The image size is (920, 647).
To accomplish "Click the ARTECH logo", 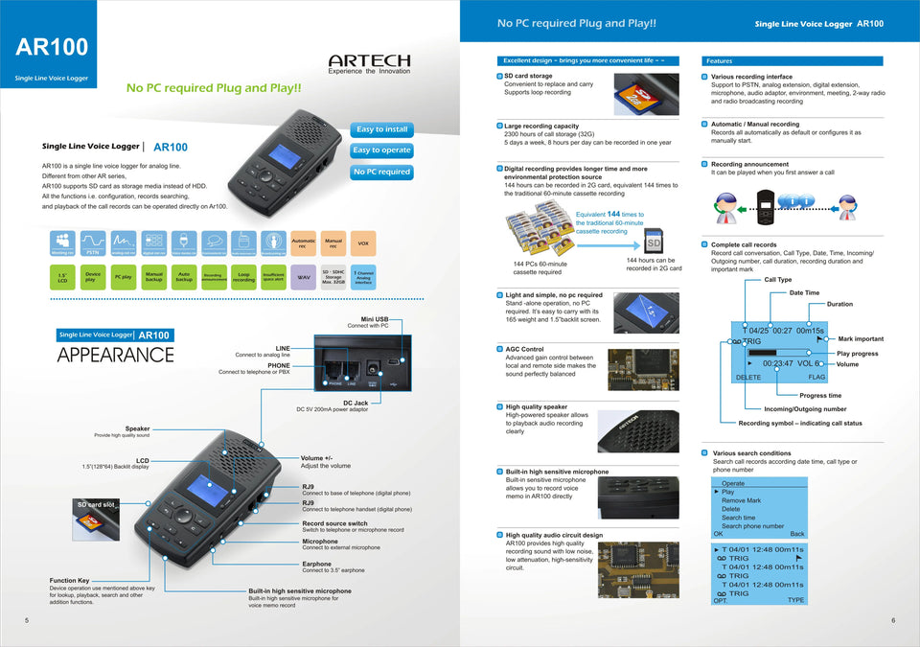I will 369,61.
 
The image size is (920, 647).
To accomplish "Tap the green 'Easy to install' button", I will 382,129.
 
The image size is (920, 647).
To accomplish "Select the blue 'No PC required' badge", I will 381,173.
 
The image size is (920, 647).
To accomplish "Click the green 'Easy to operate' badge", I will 381,150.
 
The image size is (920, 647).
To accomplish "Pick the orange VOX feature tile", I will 362,243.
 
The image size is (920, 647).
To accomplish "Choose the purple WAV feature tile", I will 304,277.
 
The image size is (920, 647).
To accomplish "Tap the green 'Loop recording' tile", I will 243,277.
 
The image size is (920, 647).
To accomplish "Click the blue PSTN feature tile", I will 94,243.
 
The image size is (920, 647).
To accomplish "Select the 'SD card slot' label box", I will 96,504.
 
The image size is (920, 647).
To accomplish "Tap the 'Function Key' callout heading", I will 70,581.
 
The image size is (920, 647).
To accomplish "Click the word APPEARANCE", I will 115,355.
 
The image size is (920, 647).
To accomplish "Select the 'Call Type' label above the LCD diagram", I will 777,280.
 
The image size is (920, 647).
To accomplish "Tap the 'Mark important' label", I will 861,338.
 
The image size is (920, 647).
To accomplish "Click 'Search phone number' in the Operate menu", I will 752,526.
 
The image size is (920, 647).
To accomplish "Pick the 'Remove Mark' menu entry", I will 741,500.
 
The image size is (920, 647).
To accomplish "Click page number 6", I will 893,620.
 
